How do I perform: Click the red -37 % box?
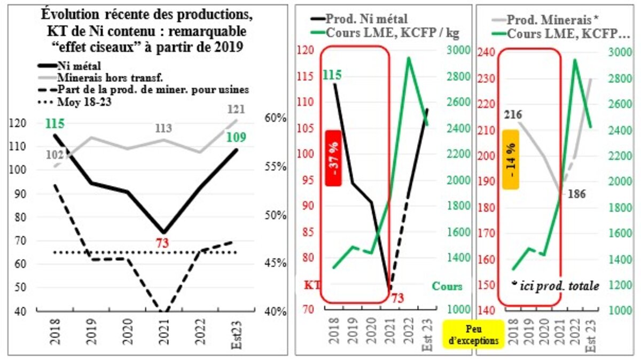[333, 158]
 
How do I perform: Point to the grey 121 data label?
[236, 109]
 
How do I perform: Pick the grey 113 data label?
[163, 128]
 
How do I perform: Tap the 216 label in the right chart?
[512, 114]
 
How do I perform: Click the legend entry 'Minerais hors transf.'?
[96, 77]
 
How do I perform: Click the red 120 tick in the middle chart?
[306, 51]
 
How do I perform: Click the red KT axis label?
[311, 286]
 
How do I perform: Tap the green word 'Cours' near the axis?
[447, 286]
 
